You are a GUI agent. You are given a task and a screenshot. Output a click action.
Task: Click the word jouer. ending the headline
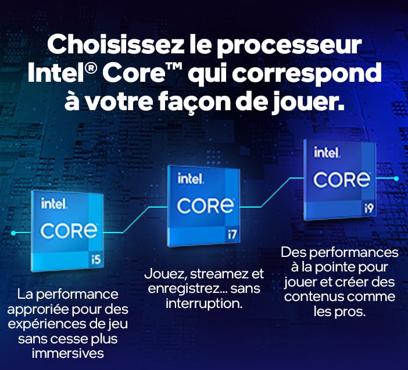[x=308, y=103]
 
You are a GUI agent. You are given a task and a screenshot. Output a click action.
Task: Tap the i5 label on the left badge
[x=95, y=259]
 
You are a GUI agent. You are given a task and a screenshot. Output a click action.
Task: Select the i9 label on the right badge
[x=368, y=208]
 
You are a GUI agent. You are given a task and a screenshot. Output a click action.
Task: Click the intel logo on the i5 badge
[x=54, y=204]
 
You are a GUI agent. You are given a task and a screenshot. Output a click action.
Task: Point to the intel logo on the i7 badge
[x=191, y=179]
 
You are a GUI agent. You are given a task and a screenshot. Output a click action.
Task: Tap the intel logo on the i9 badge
[x=327, y=152]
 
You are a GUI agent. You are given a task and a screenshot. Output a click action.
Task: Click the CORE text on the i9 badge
[x=342, y=180]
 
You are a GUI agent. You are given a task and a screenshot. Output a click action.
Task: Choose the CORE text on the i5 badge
[x=69, y=231]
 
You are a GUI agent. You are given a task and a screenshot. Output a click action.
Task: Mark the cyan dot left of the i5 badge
[x=13, y=233]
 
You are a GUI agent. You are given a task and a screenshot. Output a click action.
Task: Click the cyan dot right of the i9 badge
[x=396, y=179]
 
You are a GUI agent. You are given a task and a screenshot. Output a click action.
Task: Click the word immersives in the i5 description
[x=67, y=353]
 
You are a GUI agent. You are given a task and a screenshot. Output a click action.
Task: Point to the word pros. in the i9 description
[x=350, y=312]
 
